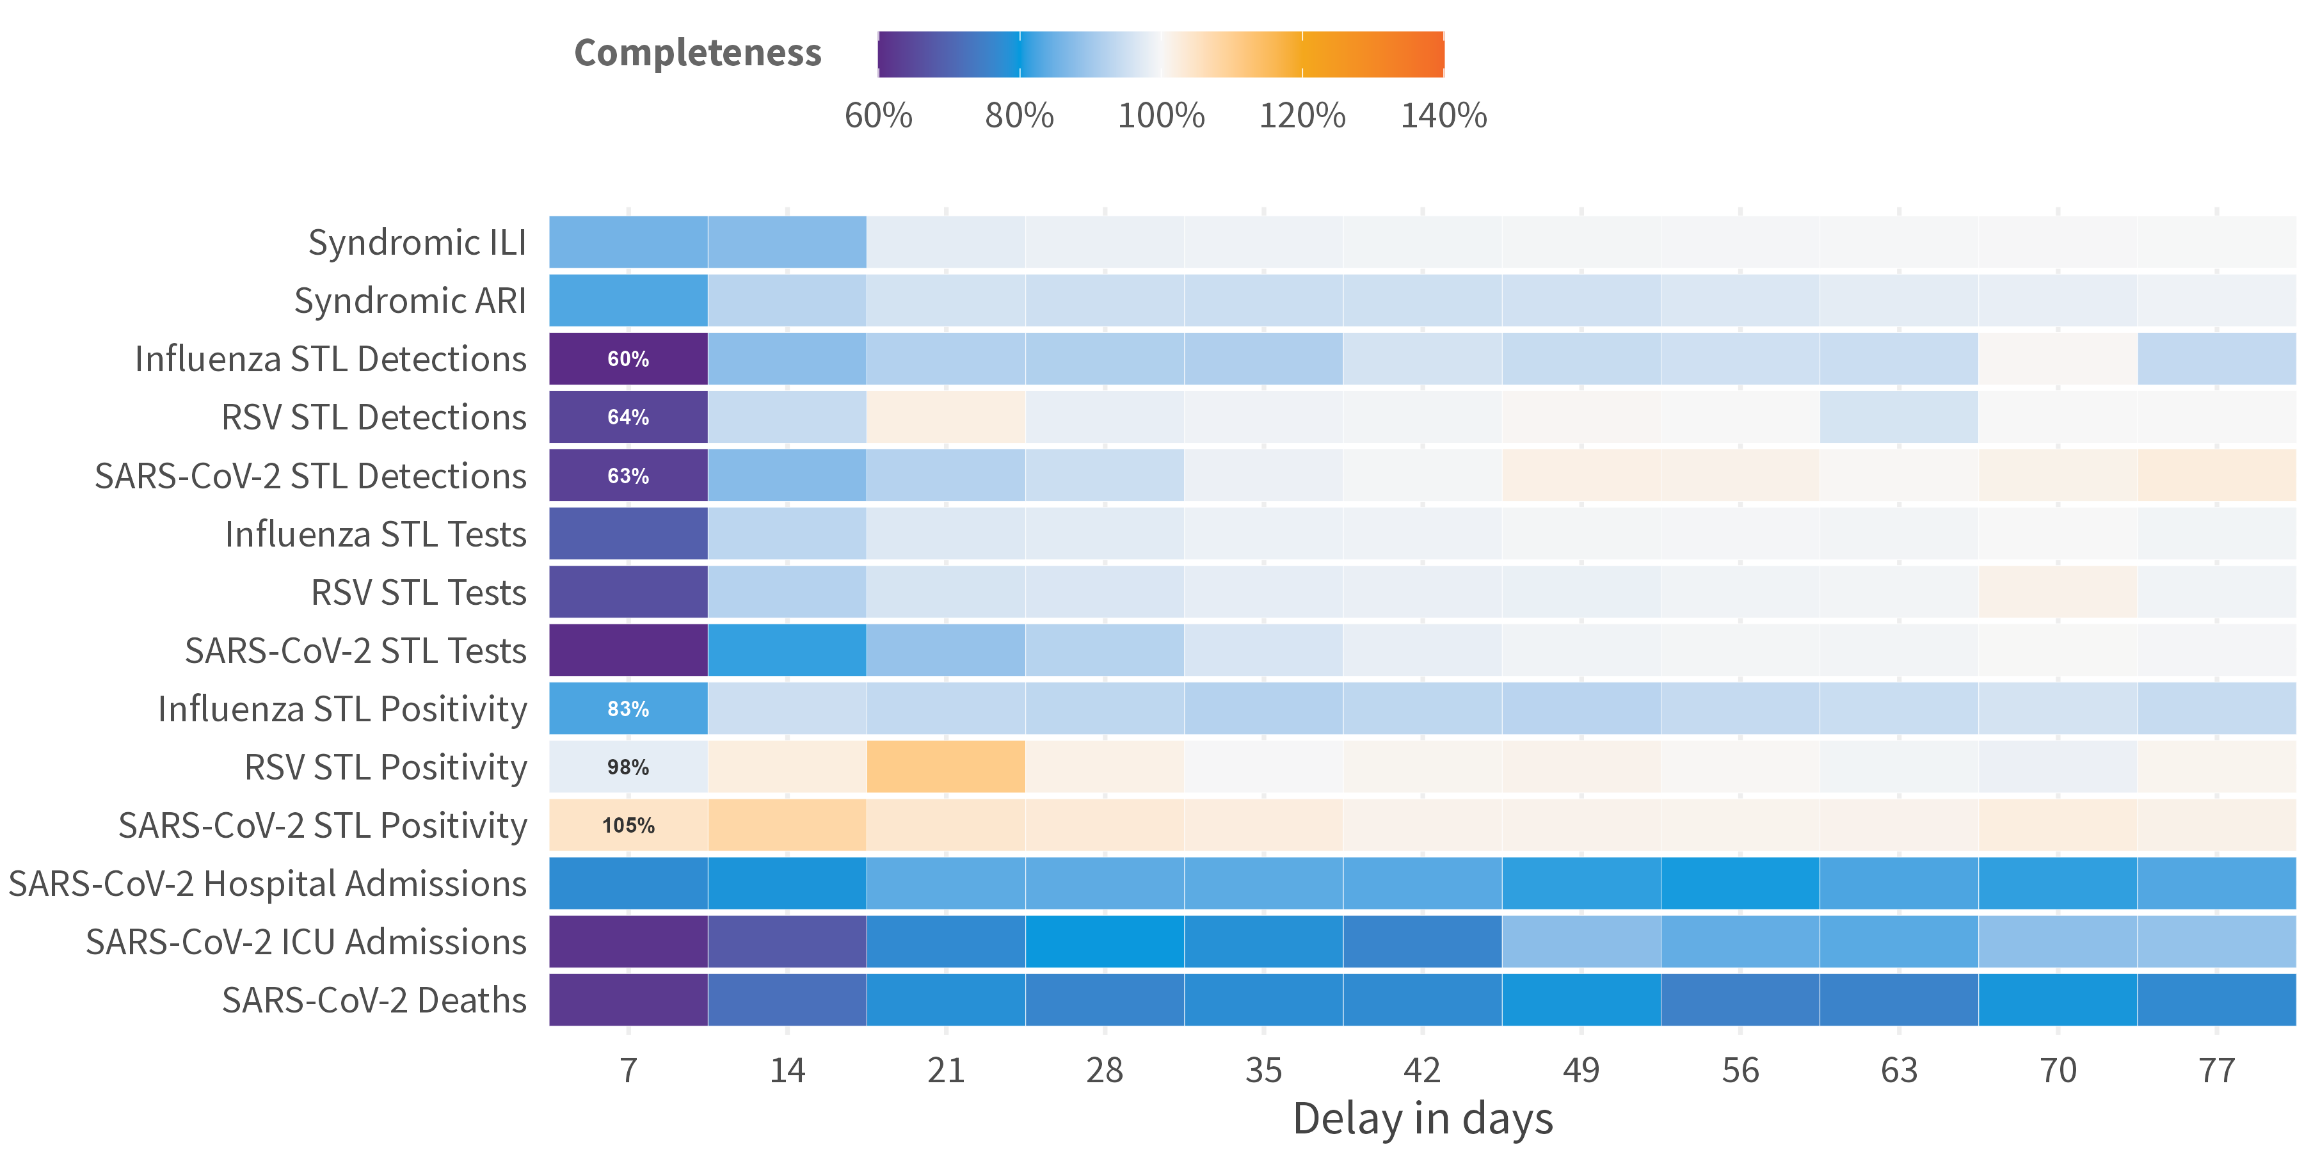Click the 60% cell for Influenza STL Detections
point(628,358)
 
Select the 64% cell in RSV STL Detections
point(628,417)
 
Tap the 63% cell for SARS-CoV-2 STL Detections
point(628,476)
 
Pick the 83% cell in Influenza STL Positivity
point(628,708)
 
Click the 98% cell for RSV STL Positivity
point(628,767)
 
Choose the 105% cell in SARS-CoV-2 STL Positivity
point(628,825)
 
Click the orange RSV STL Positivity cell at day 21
point(945,767)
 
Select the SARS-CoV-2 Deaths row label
point(374,1000)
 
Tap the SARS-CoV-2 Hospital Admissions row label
point(268,884)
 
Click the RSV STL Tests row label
point(419,592)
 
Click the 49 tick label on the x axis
point(1580,1069)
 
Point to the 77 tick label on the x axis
point(2216,1069)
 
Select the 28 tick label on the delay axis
point(1105,1069)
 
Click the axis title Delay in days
point(1422,1119)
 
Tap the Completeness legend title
point(698,52)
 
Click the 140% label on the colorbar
point(1443,115)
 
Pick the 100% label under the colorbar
point(1161,115)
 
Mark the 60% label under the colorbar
point(878,115)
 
